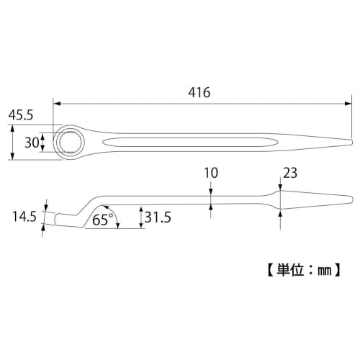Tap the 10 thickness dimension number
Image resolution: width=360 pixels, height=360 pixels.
click(x=210, y=173)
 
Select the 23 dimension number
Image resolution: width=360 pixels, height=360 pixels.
click(x=290, y=173)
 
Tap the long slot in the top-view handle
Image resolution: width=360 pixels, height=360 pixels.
click(x=194, y=141)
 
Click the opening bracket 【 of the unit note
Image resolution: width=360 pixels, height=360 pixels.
click(x=264, y=272)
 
